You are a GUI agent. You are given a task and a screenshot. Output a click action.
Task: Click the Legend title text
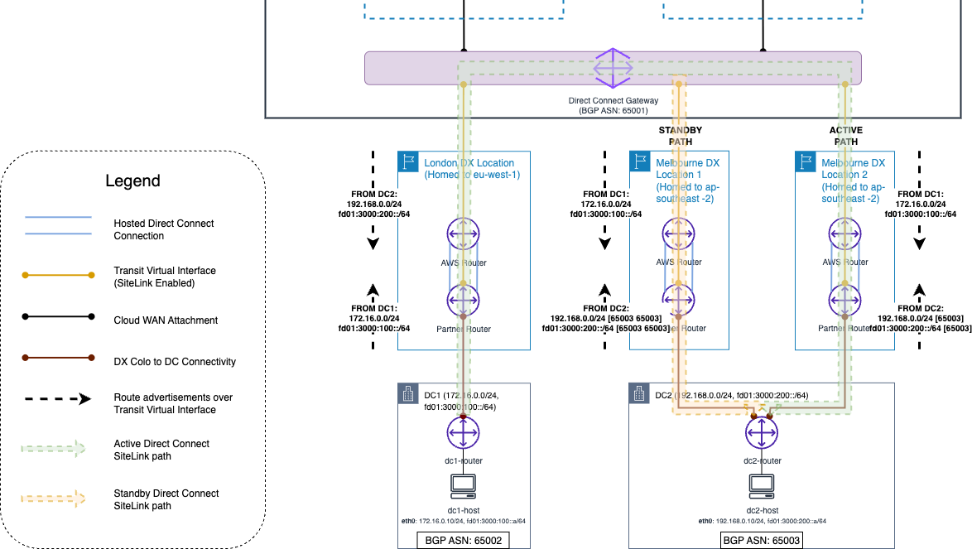132,181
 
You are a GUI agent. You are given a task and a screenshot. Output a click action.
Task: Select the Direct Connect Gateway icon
613,67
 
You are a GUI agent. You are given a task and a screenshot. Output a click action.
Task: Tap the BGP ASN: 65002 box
462,540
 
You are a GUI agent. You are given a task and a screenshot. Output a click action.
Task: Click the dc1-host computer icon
462,485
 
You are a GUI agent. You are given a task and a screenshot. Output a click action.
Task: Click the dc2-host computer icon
760,485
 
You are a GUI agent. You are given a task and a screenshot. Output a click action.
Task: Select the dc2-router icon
760,432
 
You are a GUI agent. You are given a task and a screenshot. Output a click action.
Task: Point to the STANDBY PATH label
680,136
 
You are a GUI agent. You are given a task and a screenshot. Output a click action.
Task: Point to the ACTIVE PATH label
845,136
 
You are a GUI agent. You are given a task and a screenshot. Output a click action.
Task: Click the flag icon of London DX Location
408,161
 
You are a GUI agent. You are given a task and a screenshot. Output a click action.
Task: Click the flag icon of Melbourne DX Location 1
640,161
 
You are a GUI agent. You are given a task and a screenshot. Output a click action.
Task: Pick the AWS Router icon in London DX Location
463,235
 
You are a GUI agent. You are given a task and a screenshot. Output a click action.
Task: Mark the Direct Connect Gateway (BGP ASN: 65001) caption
613,104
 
